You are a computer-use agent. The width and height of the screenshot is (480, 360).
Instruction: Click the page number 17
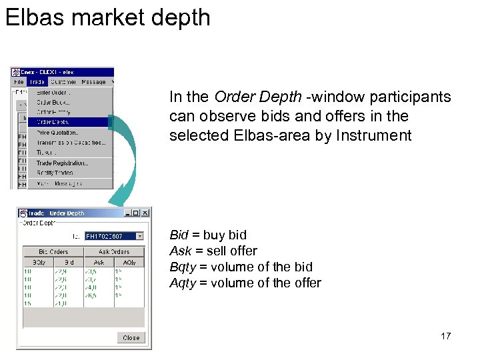[x=445, y=336]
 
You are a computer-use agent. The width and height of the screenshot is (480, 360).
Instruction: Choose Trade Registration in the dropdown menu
[x=62, y=163]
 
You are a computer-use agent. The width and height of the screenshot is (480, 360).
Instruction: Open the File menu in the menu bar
[x=20, y=82]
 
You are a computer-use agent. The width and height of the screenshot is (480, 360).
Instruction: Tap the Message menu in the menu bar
[x=93, y=82]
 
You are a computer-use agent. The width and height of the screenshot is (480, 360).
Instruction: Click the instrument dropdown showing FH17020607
[x=113, y=235]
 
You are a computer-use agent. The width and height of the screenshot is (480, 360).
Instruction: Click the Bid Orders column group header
[x=53, y=251]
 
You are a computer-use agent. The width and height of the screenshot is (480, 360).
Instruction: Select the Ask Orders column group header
[x=113, y=251]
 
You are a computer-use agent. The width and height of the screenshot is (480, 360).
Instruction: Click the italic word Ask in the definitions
[x=180, y=251]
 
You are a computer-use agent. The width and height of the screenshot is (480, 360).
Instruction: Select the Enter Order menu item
[x=53, y=92]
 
